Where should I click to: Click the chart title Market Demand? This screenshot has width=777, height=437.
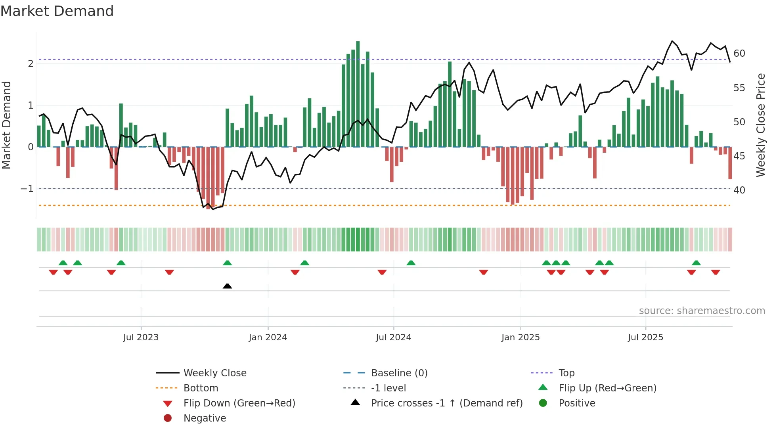click(57, 11)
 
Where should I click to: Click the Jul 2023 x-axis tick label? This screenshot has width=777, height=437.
click(141, 337)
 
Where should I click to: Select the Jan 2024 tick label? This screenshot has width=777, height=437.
click(268, 337)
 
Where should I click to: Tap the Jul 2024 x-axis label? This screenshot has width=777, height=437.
click(393, 337)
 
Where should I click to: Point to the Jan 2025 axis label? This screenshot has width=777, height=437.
click(520, 337)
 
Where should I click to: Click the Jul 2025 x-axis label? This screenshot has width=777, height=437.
click(645, 337)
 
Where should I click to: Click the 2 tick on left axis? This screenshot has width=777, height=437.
click(31, 64)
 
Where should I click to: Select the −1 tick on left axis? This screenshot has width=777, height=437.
click(27, 189)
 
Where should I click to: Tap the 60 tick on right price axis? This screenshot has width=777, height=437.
click(739, 54)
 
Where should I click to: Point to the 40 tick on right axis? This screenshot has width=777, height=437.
click(739, 190)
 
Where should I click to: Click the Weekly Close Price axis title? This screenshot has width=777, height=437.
click(760, 125)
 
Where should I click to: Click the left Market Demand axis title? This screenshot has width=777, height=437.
click(6, 125)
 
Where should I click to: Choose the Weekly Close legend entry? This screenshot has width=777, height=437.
click(214, 373)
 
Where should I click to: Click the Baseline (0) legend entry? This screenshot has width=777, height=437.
click(399, 373)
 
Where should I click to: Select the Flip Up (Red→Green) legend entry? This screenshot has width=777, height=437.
click(607, 388)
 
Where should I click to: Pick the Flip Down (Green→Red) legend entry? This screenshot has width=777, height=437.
click(239, 403)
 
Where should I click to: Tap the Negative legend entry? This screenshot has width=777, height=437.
click(205, 418)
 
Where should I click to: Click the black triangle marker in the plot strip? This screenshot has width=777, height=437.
click(227, 286)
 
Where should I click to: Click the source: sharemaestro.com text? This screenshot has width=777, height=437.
click(702, 311)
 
